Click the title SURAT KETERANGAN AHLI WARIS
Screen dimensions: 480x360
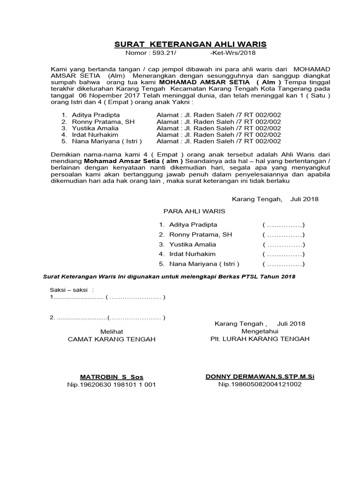190,45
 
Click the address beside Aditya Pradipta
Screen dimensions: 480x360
218,115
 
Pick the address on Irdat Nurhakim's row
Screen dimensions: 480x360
218,135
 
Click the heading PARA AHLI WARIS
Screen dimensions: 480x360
194,211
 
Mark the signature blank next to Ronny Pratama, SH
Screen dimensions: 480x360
284,234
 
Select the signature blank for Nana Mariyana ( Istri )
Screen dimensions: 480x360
284,264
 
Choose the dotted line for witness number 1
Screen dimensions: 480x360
77,297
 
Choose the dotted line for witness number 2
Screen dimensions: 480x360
81,318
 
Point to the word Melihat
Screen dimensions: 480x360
112,331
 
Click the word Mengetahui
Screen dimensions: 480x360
260,331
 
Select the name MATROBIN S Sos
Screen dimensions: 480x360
112,377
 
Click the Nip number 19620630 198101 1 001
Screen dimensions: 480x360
112,385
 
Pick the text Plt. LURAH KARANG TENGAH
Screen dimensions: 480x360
260,339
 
